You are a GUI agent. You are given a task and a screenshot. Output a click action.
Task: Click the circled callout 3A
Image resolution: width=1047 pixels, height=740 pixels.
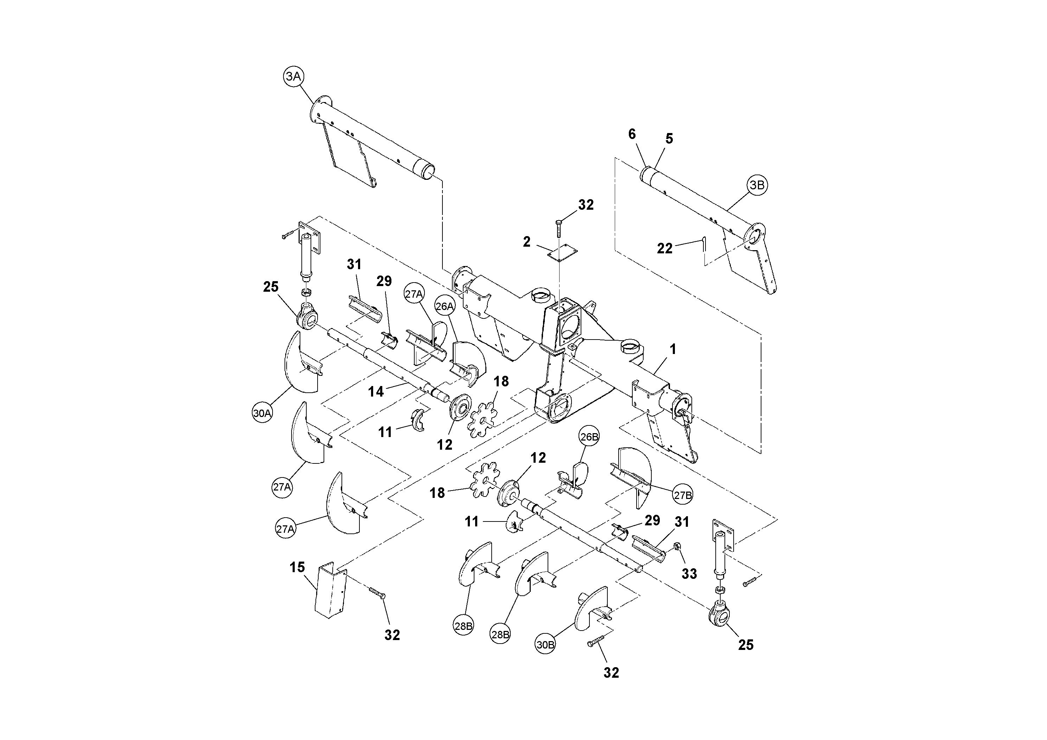point(293,77)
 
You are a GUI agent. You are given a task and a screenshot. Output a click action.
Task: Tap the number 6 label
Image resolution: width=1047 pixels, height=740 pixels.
point(632,134)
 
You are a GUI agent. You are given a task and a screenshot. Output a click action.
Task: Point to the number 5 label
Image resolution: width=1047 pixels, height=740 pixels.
point(669,139)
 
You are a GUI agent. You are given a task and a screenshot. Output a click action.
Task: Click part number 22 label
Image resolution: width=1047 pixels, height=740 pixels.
point(664,249)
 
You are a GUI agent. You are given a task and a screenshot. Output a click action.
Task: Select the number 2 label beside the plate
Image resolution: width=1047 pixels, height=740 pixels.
point(527,242)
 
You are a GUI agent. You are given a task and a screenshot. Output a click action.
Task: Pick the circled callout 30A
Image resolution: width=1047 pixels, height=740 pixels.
point(262,413)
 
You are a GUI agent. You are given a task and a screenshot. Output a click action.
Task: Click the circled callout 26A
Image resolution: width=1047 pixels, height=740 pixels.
point(445,306)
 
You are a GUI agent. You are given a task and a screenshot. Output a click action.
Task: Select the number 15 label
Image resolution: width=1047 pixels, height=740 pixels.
point(297,567)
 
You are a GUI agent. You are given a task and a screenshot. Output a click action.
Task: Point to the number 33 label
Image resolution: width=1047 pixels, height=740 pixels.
point(689,574)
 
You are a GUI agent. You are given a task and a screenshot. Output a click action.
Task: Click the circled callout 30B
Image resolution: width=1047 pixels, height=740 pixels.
point(545,644)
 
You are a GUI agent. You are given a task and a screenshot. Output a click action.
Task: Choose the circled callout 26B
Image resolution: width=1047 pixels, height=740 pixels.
point(589,437)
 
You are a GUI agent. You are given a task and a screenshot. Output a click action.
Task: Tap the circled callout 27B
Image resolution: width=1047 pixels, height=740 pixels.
point(683,495)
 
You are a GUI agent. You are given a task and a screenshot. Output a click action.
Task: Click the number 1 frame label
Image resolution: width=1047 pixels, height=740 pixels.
point(672,349)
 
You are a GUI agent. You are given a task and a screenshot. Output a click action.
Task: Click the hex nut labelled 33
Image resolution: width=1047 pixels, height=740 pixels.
point(677,546)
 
